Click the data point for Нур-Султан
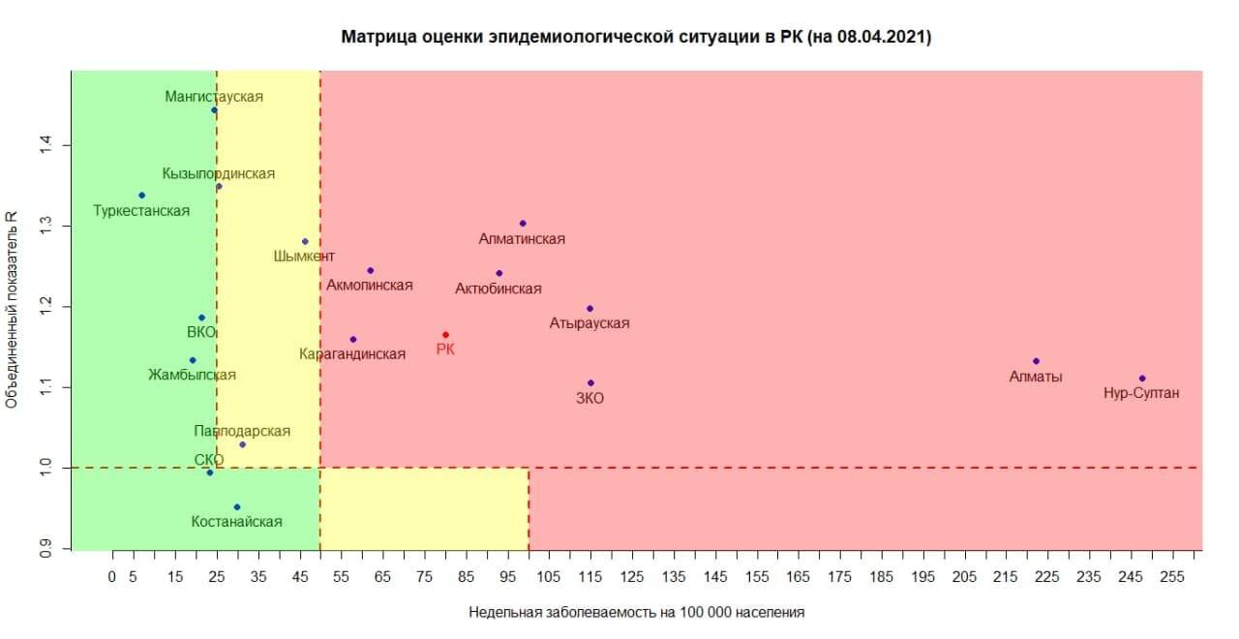pyautogui.click(x=1142, y=379)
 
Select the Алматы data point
pyautogui.click(x=1036, y=361)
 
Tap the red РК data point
pyautogui.click(x=445, y=335)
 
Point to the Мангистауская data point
pyautogui.click(x=214, y=110)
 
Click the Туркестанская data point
pyautogui.click(x=141, y=196)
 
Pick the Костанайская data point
pyautogui.click(x=236, y=507)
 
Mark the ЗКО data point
pyautogui.click(x=590, y=383)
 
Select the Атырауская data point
pyautogui.click(x=589, y=309)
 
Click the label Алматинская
pyautogui.click(x=522, y=238)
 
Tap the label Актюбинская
pyautogui.click(x=498, y=289)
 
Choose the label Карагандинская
pyautogui.click(x=352, y=354)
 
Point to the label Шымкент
pyautogui.click(x=304, y=257)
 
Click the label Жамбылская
pyautogui.click(x=192, y=375)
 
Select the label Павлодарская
pyautogui.click(x=241, y=431)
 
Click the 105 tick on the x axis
pyautogui.click(x=549, y=577)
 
